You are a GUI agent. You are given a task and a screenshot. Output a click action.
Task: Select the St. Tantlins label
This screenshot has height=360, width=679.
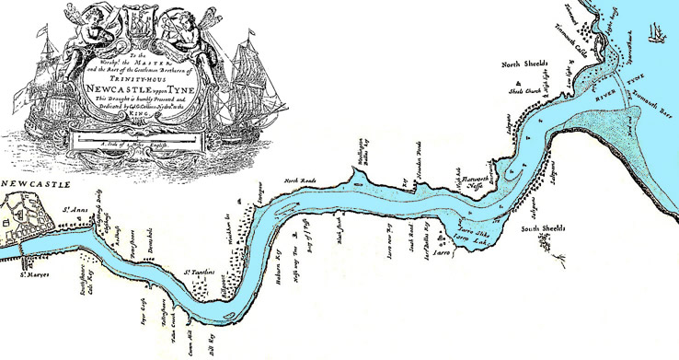(x=200, y=273)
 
